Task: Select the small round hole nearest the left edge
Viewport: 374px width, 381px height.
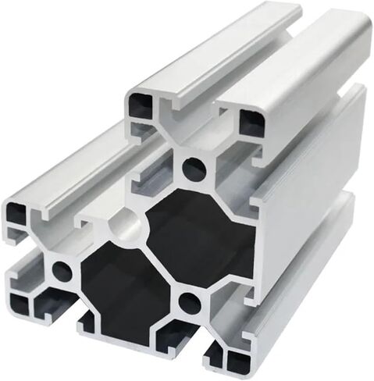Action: coord(60,272)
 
